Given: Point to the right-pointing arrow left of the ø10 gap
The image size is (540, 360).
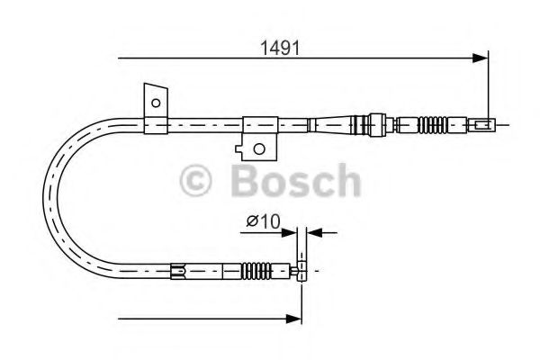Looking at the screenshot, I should [290, 233].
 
